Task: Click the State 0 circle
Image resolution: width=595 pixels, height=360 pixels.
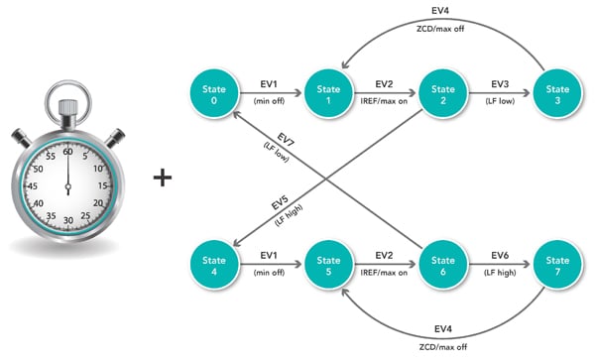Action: point(213,92)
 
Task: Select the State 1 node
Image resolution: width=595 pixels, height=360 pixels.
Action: point(328,92)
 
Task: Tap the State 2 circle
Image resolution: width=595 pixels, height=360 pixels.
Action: point(442,92)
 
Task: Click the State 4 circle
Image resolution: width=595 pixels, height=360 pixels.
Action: point(213,266)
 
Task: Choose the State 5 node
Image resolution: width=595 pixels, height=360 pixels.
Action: point(328,266)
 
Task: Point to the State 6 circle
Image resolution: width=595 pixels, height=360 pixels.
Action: point(442,266)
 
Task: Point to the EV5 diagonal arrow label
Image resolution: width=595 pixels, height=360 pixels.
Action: point(281,204)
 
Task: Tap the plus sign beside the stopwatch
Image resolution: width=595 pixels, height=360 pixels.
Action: point(162,179)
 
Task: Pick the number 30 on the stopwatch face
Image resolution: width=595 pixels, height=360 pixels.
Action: point(68,219)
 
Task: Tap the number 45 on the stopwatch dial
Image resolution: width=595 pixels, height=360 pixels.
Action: point(35,185)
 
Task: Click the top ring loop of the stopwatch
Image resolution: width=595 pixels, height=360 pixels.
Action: point(67,103)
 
